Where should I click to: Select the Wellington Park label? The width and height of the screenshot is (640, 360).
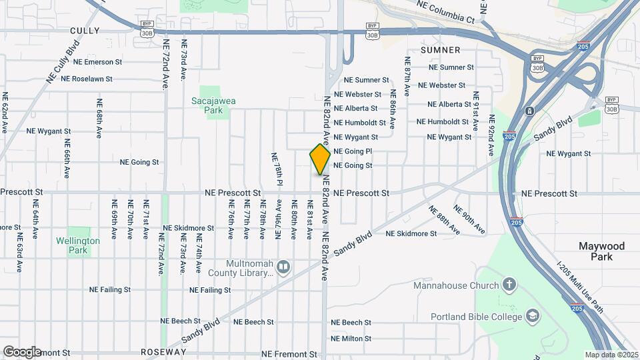78,245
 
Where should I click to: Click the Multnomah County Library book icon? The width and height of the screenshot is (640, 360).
283,267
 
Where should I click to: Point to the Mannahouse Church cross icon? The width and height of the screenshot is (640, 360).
510,286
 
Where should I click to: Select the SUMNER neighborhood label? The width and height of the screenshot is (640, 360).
441,50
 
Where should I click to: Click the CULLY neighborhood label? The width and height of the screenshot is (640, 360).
85,31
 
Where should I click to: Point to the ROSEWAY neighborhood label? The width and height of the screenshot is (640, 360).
163,352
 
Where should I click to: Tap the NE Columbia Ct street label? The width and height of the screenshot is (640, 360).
445,12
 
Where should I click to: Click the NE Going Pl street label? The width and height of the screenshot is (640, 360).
362,152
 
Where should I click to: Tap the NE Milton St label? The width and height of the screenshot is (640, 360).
351,339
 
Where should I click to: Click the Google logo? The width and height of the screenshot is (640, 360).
21,351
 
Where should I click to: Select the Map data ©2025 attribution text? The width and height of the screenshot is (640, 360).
611,355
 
